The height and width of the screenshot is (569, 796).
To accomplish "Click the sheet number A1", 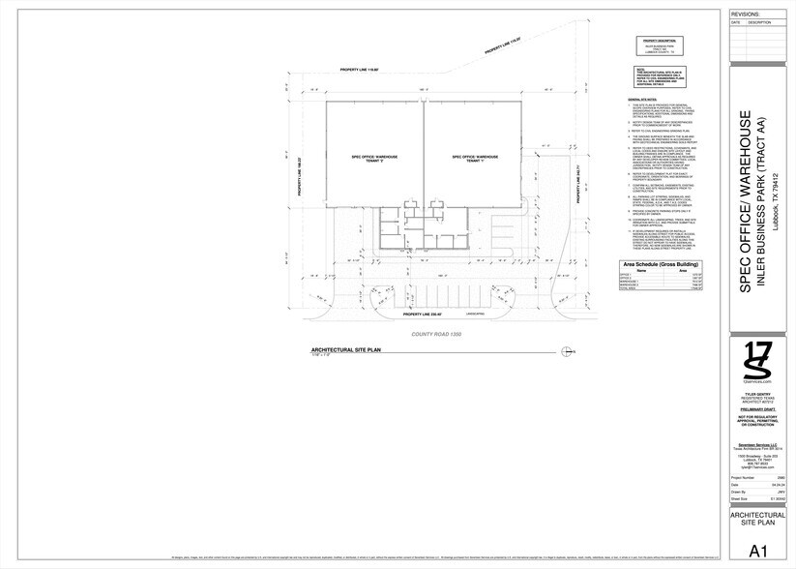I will (x=757, y=552).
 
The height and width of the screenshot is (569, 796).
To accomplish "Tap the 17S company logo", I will (x=757, y=362).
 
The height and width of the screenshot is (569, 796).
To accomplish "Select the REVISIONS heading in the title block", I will (x=746, y=15).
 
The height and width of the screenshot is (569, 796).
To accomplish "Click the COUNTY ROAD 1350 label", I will (x=437, y=334).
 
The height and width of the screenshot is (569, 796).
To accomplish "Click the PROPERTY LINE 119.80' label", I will (x=358, y=71).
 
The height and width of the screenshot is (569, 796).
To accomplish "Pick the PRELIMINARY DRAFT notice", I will (x=757, y=411).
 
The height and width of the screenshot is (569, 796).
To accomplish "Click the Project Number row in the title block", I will (x=757, y=477).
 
